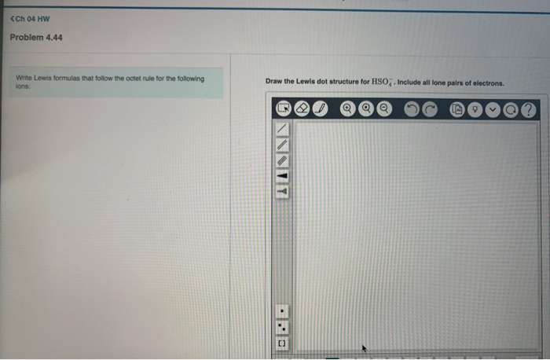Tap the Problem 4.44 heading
36,37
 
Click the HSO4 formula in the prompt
380,82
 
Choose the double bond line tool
283,145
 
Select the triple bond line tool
283,160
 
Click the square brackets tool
283,343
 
